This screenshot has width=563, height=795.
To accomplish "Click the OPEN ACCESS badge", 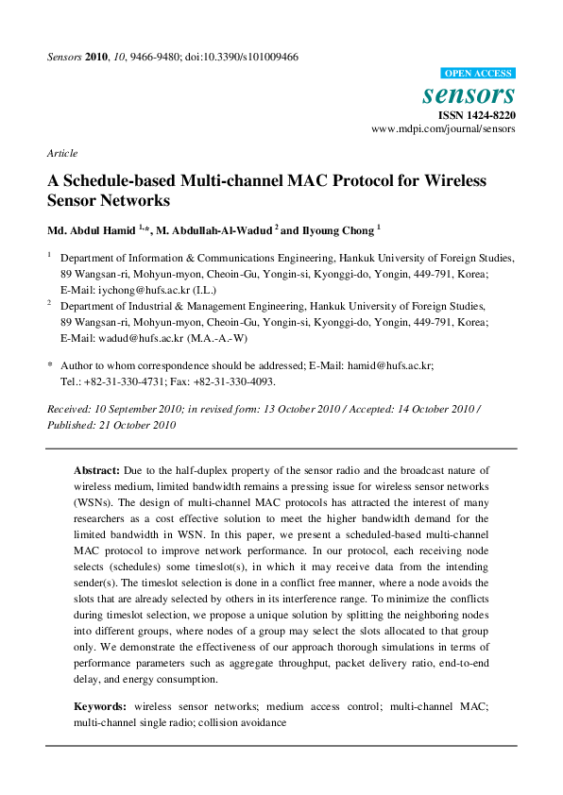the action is (478, 73).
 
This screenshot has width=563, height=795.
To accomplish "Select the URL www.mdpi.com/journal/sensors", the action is (444, 128).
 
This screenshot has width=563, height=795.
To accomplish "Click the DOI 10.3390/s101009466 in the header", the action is (256, 57).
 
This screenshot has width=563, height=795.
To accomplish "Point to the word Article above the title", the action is (62, 153).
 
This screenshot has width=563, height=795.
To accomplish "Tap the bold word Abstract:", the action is (96, 469).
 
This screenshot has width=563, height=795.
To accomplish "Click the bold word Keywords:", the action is (100, 705).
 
